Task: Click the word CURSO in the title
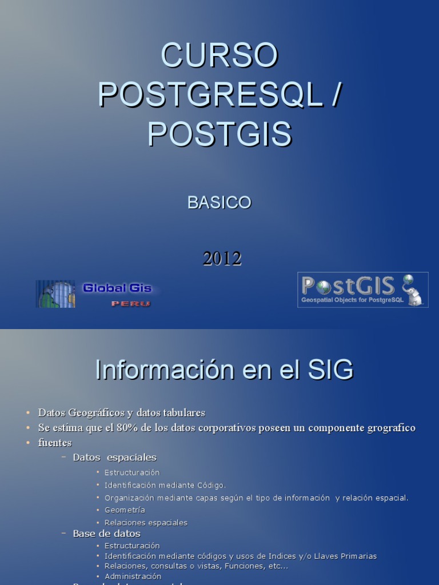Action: [219, 55]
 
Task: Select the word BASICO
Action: [219, 202]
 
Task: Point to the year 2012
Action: [222, 258]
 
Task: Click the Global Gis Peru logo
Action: [94, 294]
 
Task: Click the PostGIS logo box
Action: [362, 290]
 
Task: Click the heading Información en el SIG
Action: [224, 370]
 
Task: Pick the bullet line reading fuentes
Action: [55, 443]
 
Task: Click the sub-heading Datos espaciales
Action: [114, 458]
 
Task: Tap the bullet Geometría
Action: [125, 510]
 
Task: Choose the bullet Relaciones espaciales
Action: [146, 523]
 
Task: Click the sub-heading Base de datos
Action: [106, 534]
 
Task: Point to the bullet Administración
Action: [133, 576]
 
